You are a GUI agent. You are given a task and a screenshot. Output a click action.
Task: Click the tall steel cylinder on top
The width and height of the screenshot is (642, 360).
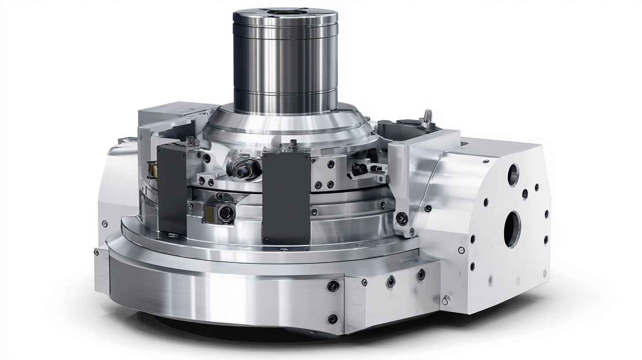(x=285, y=62)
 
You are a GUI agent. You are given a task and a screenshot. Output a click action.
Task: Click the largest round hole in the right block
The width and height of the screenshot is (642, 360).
(x=512, y=229)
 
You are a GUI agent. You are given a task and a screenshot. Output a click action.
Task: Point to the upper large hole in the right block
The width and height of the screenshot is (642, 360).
(x=513, y=174)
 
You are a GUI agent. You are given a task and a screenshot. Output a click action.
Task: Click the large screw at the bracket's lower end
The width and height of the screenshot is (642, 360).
(x=401, y=217)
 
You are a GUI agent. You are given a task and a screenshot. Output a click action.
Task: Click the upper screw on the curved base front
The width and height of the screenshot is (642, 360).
(x=333, y=286)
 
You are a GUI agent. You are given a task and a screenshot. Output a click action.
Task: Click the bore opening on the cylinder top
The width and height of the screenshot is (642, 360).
(x=285, y=12)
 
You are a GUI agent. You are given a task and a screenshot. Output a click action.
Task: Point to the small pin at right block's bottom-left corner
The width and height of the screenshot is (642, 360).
(x=446, y=300)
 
